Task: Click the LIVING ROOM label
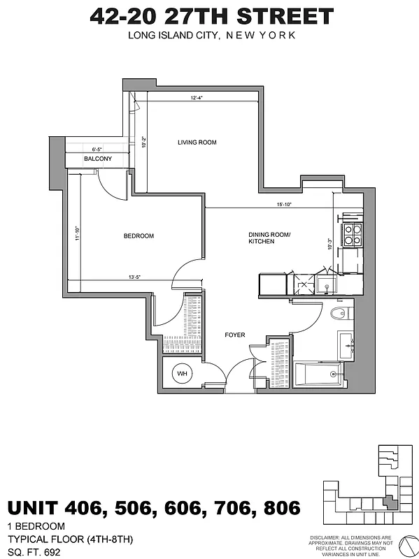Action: pos(197,143)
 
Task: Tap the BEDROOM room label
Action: pos(138,236)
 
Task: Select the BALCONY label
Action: pos(98,159)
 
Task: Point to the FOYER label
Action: pos(234,335)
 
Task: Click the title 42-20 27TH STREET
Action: pos(211,17)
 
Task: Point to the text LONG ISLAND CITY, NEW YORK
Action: pos(211,35)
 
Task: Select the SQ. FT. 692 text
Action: pos(32,551)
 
